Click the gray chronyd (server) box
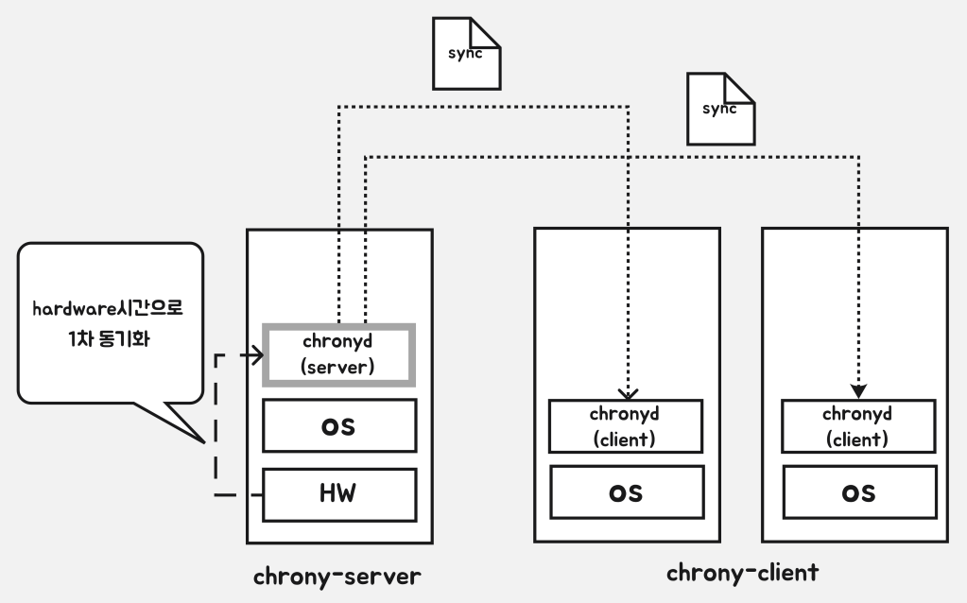(338, 354)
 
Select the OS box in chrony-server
(338, 426)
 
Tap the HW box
(338, 494)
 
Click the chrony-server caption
(337, 576)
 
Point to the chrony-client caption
(742, 573)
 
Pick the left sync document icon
(466, 54)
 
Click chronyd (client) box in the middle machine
(625, 426)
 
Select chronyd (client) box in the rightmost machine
(857, 426)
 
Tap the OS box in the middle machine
(625, 492)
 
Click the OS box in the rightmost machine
(857, 492)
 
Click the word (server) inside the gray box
(338, 367)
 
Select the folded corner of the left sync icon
(488, 31)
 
